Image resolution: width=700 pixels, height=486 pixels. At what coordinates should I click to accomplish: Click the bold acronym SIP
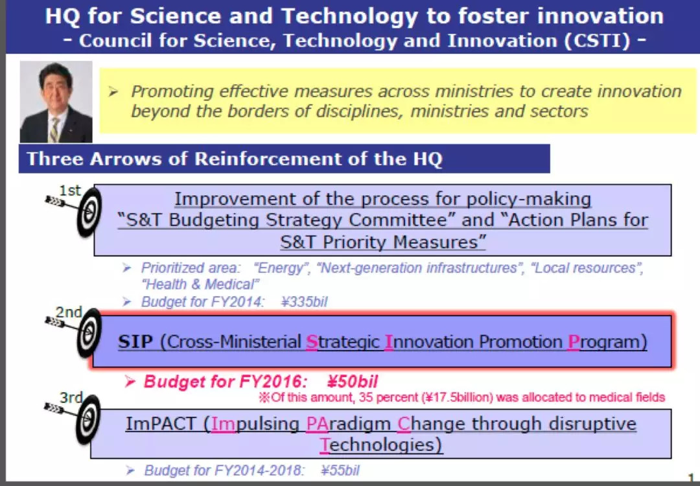(x=135, y=342)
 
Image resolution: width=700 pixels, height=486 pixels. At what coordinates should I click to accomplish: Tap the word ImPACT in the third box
(x=161, y=423)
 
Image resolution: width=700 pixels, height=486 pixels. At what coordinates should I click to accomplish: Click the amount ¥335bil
(x=305, y=302)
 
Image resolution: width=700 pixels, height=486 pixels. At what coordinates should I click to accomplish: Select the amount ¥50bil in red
(x=353, y=382)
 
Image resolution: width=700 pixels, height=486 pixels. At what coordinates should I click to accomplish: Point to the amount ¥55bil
(x=340, y=470)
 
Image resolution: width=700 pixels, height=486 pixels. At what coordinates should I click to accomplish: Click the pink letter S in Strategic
(x=312, y=342)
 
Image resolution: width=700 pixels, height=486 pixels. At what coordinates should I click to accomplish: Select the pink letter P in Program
(x=573, y=342)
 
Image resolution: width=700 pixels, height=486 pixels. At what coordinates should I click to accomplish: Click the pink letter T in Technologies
(x=325, y=445)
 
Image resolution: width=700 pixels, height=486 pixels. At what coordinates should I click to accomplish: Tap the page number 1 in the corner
(x=692, y=477)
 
